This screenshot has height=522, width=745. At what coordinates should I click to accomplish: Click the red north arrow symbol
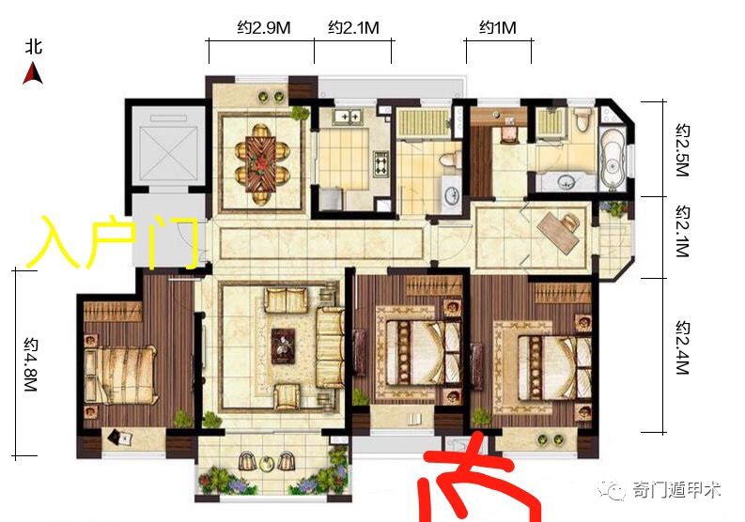pyautogui.click(x=33, y=74)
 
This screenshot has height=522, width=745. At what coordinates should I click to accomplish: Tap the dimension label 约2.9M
pyautogui.click(x=263, y=28)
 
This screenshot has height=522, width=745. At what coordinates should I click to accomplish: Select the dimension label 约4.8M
pyautogui.click(x=31, y=364)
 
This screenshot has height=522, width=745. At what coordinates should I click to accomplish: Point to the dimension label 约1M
pyautogui.click(x=498, y=28)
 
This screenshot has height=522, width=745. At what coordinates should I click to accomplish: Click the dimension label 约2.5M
pyautogui.click(x=682, y=150)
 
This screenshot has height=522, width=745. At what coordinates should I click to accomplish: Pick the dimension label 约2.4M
pyautogui.click(x=682, y=347)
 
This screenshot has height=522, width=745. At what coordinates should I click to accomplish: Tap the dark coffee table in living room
pyautogui.click(x=283, y=346)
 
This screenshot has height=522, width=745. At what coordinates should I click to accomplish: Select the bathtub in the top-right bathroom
pyautogui.click(x=613, y=157)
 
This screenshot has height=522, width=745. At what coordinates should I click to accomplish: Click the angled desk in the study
pyautogui.click(x=558, y=231)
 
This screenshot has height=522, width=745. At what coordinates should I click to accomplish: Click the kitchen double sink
pyautogui.click(x=348, y=116)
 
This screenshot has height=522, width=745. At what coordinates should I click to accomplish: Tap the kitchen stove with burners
pyautogui.click(x=381, y=164)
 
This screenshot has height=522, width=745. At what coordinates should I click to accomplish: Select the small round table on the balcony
pyautogui.click(x=267, y=462)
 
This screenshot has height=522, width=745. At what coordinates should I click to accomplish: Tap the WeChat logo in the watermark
pyautogui.click(x=612, y=489)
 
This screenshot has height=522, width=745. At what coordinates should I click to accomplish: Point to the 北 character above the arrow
pyautogui.click(x=34, y=48)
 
